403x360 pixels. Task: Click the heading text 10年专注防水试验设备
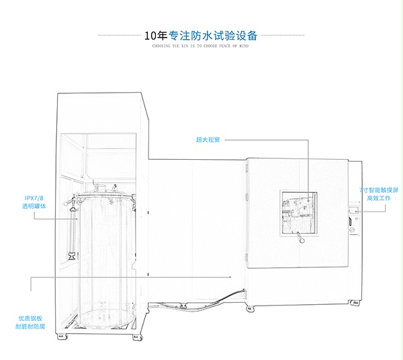[201, 36]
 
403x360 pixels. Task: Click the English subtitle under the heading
[201, 48]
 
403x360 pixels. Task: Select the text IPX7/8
[34, 198]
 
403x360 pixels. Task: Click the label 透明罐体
[34, 206]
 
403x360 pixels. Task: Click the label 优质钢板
[31, 318]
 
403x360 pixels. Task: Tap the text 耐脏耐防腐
[31, 326]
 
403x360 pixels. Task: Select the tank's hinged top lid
[104, 195]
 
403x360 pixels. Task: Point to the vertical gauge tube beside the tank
[70, 228]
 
